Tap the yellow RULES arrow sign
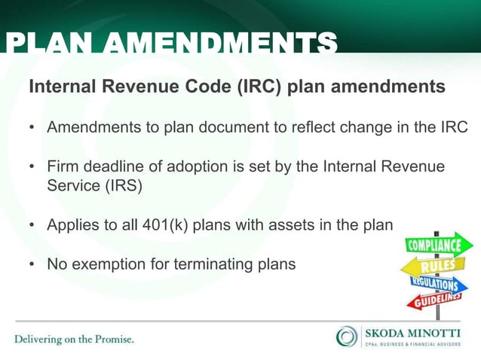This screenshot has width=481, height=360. [429, 265]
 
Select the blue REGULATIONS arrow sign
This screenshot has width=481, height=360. [434, 284]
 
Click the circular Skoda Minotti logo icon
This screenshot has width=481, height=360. [347, 336]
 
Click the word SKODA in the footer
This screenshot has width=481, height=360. [384, 331]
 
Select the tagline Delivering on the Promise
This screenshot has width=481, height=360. [74, 339]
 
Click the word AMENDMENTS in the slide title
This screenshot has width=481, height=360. [219, 44]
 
